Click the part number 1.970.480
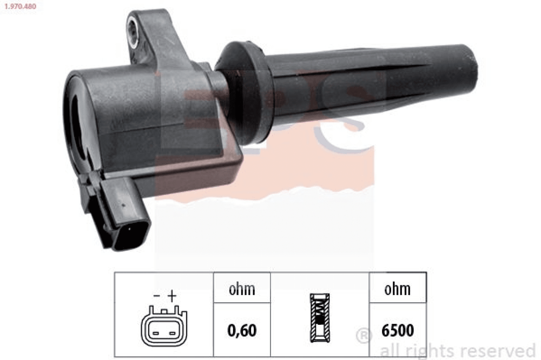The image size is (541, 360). [20, 6]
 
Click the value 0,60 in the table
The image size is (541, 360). [242, 330]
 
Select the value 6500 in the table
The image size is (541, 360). [398, 330]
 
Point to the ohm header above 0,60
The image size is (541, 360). [242, 289]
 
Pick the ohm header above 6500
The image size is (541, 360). [398, 289]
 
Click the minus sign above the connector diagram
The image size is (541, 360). [157, 296]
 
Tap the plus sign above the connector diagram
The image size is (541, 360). [172, 296]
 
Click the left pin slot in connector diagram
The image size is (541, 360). [156, 334]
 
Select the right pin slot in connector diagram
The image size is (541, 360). [172, 334]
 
